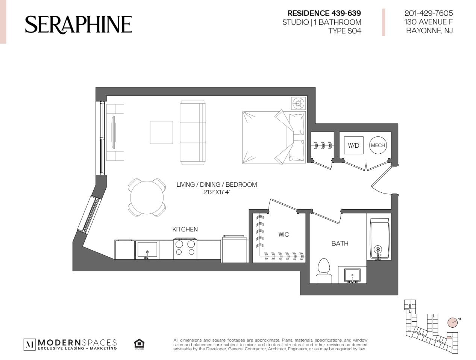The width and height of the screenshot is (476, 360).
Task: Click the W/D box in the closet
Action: [x=353, y=145]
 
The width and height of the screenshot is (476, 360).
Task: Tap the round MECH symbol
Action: [x=378, y=145]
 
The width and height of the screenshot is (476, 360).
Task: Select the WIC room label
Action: [x=283, y=234]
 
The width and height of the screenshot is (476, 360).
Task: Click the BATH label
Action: [x=340, y=244]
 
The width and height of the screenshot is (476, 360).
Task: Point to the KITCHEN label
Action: [x=185, y=229]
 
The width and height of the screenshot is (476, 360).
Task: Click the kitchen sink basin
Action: [x=147, y=250]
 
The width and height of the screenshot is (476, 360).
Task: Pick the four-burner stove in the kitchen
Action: [x=185, y=249]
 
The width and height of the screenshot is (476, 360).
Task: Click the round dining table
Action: [x=147, y=197]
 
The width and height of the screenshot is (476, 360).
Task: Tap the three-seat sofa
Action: [x=193, y=132]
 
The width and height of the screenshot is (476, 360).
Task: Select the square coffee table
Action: [x=161, y=132]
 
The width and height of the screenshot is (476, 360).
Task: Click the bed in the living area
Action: [x=274, y=138]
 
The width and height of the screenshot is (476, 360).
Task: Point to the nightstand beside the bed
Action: [x=299, y=103]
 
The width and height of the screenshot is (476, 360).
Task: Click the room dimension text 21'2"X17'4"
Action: [x=217, y=192]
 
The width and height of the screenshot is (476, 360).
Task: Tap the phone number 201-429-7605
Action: [x=429, y=13]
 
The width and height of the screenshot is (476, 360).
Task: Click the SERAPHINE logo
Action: [x=79, y=25]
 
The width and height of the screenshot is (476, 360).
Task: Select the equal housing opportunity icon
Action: [x=139, y=344]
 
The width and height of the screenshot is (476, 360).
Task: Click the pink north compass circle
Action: [x=453, y=328]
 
